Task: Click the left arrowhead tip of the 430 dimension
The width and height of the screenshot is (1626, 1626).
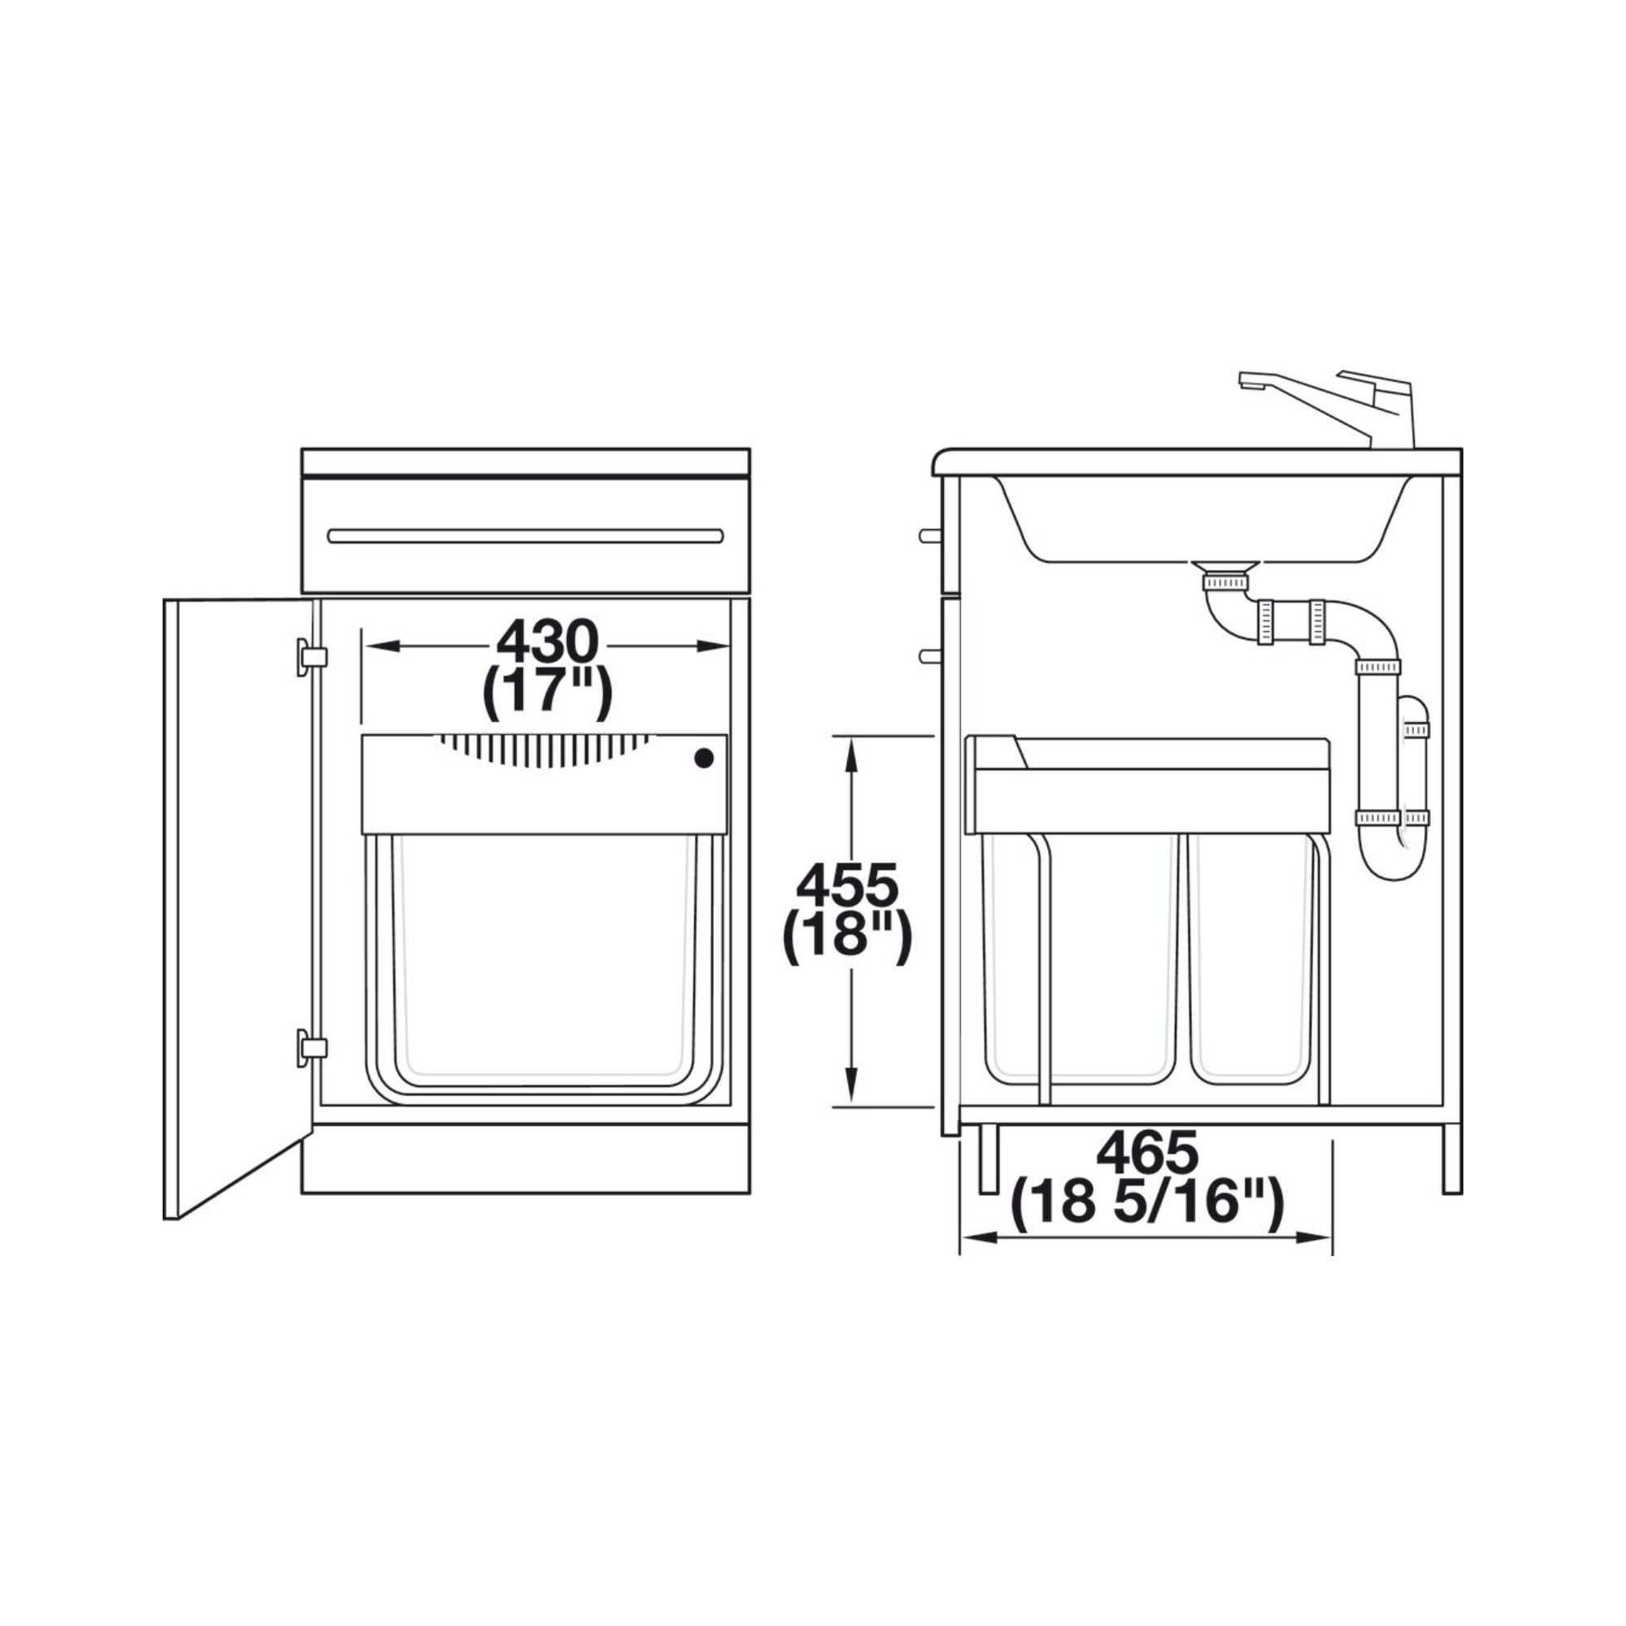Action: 364,646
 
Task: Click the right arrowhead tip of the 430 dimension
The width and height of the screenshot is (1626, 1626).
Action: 728,646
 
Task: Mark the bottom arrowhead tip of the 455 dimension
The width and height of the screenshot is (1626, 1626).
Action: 852,1105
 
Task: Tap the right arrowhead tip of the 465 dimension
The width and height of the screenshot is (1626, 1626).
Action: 1331,1238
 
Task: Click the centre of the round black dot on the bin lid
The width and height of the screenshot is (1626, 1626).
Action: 703,759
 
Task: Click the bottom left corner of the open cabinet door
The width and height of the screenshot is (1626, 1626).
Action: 165,1218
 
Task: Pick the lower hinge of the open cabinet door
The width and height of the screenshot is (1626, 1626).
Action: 311,1047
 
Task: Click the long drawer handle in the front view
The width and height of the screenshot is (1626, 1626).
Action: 525,536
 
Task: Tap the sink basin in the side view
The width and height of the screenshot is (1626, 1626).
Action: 1203,520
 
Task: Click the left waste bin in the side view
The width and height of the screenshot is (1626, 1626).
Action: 1080,959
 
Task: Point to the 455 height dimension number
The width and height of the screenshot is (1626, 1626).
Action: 847,887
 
